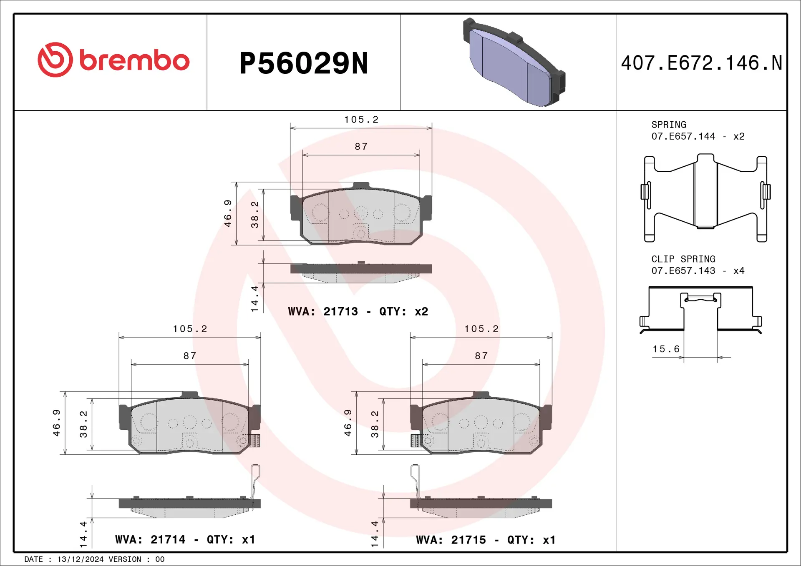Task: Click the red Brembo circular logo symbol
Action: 55,60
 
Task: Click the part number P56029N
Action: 304,63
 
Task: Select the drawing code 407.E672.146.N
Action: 701,63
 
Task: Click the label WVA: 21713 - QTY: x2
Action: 358,312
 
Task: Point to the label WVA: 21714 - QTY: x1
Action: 185,540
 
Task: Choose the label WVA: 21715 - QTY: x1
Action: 486,540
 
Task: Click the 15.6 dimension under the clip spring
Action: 666,349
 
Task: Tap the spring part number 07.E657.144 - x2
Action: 698,136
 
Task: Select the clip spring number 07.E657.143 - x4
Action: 698,271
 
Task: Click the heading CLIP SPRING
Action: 683,259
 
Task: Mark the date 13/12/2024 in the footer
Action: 80,559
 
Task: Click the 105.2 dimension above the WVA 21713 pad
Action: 361,120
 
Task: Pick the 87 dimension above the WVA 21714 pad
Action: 190,356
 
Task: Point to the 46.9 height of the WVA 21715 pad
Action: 348,423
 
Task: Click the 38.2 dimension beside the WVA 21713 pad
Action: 254,215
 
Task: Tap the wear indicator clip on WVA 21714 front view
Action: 255,441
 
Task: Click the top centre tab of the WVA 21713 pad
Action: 361,185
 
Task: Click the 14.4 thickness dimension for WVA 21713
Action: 254,298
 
